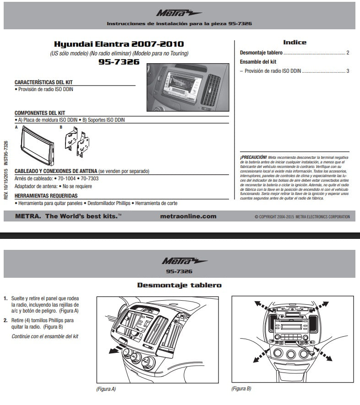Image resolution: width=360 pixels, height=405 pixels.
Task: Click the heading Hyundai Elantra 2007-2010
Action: point(119,44)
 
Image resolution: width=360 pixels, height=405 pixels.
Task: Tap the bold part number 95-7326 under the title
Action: point(119,62)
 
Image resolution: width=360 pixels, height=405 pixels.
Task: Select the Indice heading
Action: point(295,42)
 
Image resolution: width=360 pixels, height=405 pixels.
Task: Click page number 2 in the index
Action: point(348,53)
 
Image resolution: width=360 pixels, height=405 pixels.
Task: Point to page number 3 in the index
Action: point(348,71)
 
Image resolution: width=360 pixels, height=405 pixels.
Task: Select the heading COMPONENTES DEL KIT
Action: point(40,113)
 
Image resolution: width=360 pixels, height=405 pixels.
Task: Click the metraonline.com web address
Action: point(189,216)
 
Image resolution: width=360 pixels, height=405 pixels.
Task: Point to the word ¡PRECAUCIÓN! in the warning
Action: point(253,157)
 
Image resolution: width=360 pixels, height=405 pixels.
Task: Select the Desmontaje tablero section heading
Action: point(179,285)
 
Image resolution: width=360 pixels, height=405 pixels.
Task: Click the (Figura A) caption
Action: point(106,389)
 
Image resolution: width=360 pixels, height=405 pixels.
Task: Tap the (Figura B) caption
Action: point(241,389)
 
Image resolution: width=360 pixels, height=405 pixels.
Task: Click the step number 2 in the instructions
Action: point(5,320)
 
